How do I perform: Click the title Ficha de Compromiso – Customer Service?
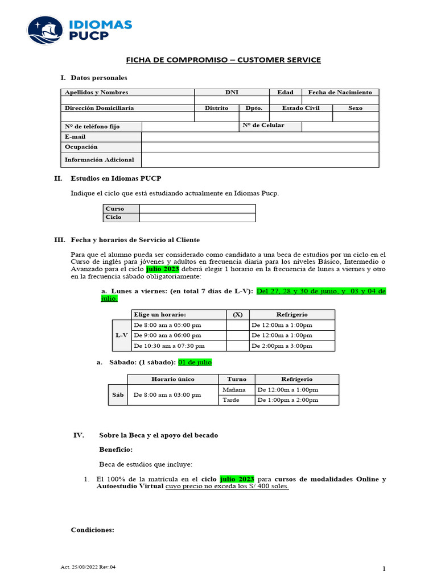pos(223,60)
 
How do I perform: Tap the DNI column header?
pos(232,92)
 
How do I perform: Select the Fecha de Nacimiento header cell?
pos(340,92)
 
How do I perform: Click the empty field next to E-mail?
pos(259,137)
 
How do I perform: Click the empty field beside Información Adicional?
pos(259,160)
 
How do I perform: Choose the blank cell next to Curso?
pos(197,209)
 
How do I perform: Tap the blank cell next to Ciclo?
pos(197,217)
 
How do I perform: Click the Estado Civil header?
pos(301,108)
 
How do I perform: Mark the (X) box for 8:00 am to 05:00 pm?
pos(238,325)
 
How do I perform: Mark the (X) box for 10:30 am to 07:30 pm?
pos(238,346)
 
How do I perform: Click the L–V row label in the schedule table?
pos(122,335)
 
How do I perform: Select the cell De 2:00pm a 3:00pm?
pos(292,346)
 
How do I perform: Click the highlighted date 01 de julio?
pos(195,362)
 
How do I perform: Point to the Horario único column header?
pos(172,379)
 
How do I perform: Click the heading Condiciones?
pos(92,530)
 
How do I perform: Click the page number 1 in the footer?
pos(384,569)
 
